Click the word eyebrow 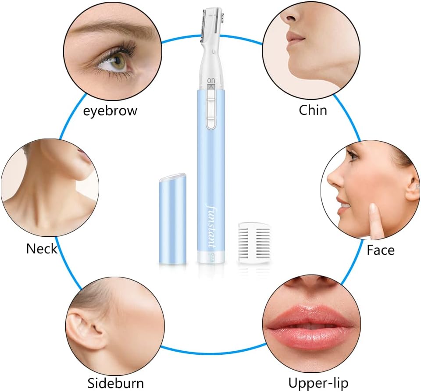[x=110, y=111]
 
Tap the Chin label [x=313, y=110]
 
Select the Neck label [x=42, y=249]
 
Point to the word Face [x=381, y=250]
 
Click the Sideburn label [x=116, y=383]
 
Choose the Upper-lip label [x=318, y=383]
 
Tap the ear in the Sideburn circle [x=81, y=330]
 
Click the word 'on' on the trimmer [x=211, y=80]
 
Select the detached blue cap [x=172, y=218]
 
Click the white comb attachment [x=254, y=242]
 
